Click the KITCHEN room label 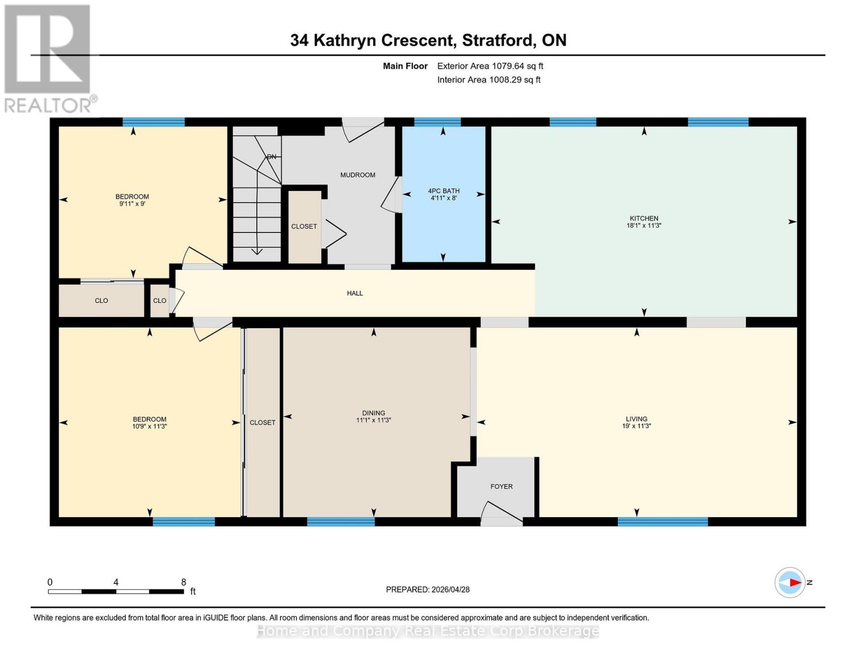pos(644,218)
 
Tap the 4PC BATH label pos(444,191)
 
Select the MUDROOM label pos(358,175)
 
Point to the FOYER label pos(502,486)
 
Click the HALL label pos(355,293)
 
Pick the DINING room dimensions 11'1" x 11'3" pos(373,420)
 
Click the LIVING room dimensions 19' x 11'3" pos(637,426)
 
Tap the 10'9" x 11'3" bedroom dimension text pos(149,426)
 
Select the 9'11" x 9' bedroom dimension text pos(132,204)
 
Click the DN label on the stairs pos(271,157)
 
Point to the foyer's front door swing pos(500,512)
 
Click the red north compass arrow pos(794,582)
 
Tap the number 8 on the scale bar pos(184,582)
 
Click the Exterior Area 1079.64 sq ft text pos(490,66)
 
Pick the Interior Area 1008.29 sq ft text pos(488,80)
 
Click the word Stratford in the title pos(498,40)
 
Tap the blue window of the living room pos(663,522)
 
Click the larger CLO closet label pos(101,301)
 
